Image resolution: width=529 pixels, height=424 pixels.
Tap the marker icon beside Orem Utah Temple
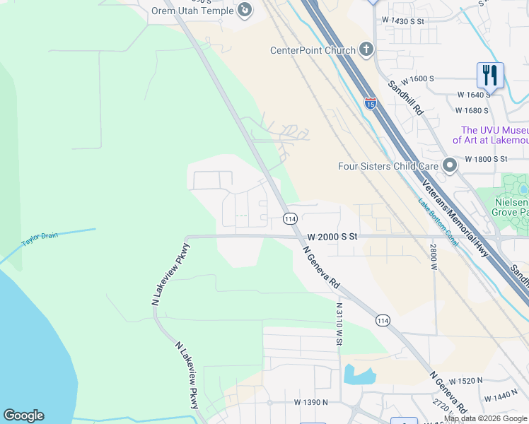[x=244, y=9]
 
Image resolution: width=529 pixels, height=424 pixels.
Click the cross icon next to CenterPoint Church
[x=366, y=49]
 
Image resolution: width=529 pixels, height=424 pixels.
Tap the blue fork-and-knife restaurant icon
[x=489, y=74]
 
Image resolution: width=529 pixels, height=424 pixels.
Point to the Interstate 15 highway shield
[x=371, y=103]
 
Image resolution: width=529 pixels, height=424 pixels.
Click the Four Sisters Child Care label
[x=388, y=167]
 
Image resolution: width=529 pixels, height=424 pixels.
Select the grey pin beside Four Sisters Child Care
[x=449, y=166]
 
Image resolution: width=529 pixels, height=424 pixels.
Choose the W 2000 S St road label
[x=332, y=237]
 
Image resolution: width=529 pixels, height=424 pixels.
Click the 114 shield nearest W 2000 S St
[x=290, y=218]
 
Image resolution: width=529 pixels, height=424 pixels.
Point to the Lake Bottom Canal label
[x=438, y=223]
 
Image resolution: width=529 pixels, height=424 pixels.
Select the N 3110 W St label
[x=339, y=324]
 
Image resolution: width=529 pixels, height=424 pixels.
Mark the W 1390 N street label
[x=312, y=402]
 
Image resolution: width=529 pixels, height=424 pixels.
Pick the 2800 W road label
[x=433, y=257]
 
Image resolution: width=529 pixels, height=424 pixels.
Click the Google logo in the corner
[x=23, y=416]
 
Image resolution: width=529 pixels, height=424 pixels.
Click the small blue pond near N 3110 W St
[x=358, y=374]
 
